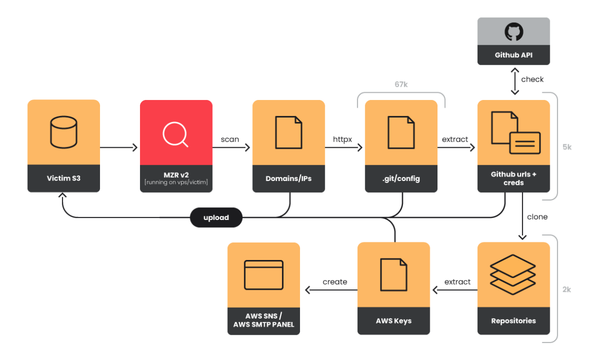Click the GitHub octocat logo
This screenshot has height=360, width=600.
513,32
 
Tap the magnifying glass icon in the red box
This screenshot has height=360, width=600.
175,134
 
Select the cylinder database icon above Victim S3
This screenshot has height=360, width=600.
64,132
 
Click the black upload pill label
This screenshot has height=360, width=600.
216,217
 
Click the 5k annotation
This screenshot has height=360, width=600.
567,147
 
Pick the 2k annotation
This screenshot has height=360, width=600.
567,290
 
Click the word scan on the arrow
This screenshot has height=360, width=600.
230,139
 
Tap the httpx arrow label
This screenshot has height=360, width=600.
342,139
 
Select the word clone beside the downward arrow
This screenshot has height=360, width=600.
537,217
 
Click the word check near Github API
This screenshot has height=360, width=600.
532,79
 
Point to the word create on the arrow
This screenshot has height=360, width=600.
335,282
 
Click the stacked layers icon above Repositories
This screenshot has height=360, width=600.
513,274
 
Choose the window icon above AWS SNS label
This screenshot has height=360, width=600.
264,275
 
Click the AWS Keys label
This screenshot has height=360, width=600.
393,321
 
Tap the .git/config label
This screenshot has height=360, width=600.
401,179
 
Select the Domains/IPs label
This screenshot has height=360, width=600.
288,179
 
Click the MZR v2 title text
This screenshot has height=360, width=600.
176,175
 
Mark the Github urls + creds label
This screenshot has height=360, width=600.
513,178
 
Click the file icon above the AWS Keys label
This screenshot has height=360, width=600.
393,275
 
